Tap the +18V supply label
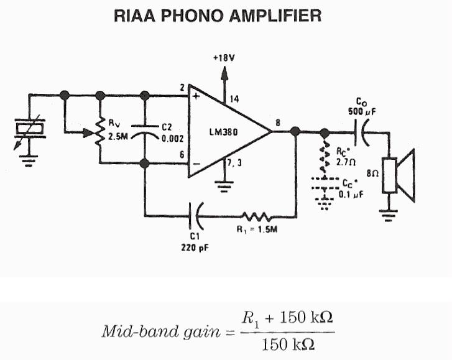(224, 58)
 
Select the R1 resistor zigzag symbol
(256, 216)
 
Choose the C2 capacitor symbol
(145, 131)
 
